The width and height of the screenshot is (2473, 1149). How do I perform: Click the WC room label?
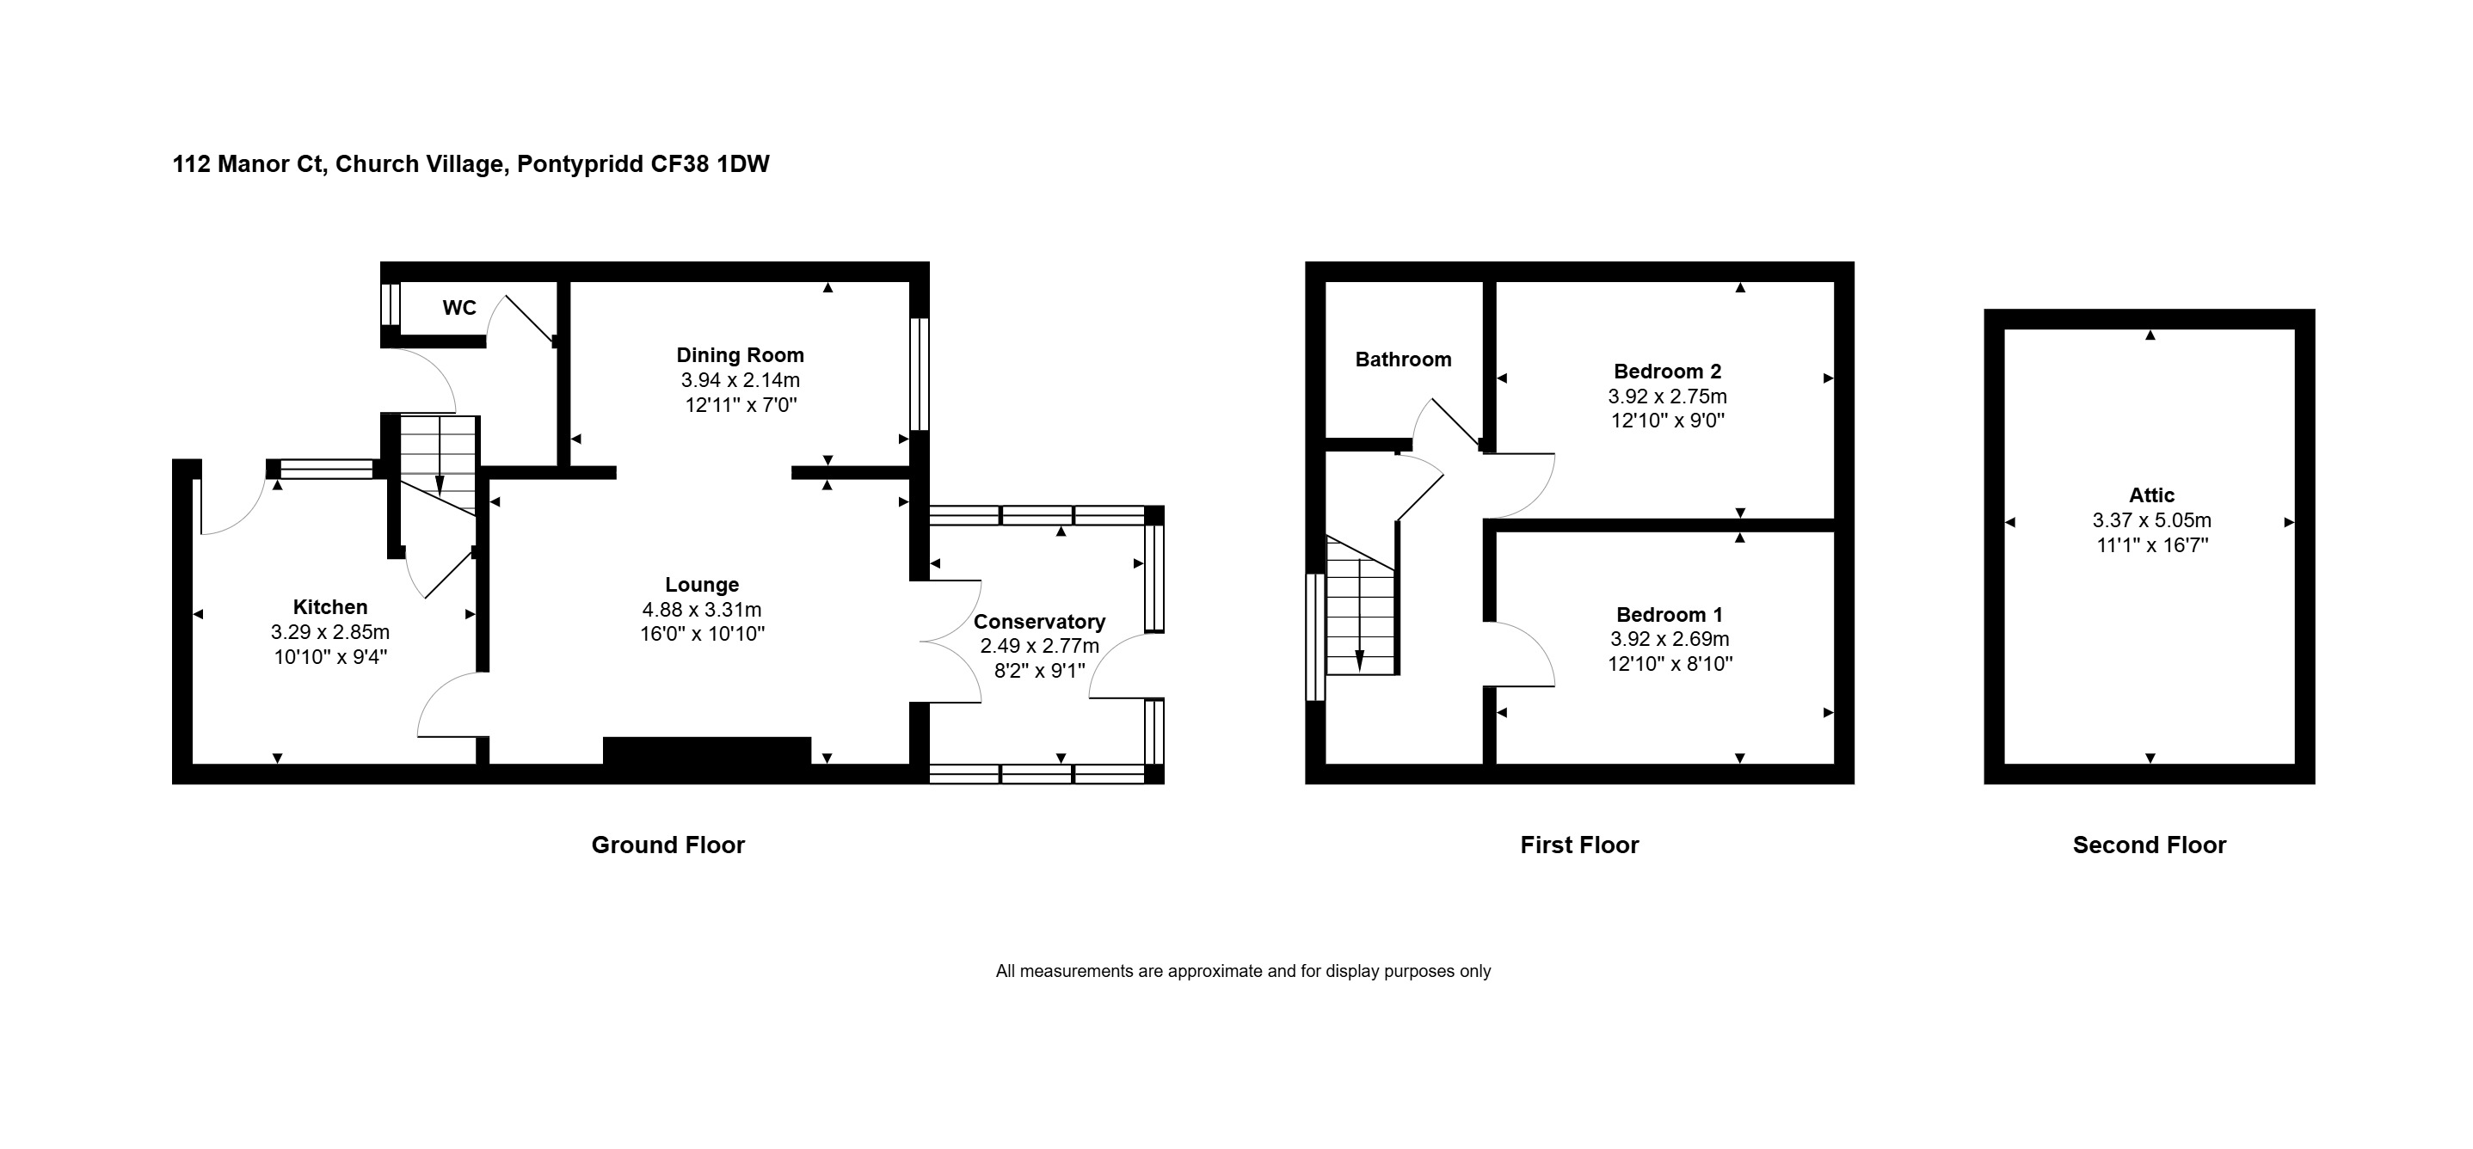click(458, 308)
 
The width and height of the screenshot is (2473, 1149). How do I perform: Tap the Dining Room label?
click(740, 355)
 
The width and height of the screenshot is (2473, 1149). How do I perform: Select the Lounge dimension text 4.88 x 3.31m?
click(702, 610)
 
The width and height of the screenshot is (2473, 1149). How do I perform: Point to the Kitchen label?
click(330, 606)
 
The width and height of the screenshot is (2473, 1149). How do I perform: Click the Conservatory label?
click(1040, 622)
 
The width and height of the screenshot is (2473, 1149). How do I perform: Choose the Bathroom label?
click(1404, 360)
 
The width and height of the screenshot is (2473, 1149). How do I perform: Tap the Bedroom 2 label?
click(1668, 372)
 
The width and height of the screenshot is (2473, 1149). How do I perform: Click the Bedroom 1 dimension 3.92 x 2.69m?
click(1670, 639)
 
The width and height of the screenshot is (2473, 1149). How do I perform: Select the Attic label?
click(2151, 495)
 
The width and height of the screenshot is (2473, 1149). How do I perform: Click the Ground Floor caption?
click(668, 845)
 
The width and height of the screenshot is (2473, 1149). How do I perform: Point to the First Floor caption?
click(1579, 845)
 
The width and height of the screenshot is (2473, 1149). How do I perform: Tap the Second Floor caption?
click(2150, 845)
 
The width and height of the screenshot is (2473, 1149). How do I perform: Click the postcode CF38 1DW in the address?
click(711, 164)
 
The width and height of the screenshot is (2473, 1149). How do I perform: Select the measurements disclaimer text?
click(1243, 972)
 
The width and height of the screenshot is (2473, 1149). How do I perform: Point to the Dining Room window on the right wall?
click(919, 373)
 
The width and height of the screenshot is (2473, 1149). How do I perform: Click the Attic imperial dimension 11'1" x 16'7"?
click(2151, 545)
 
